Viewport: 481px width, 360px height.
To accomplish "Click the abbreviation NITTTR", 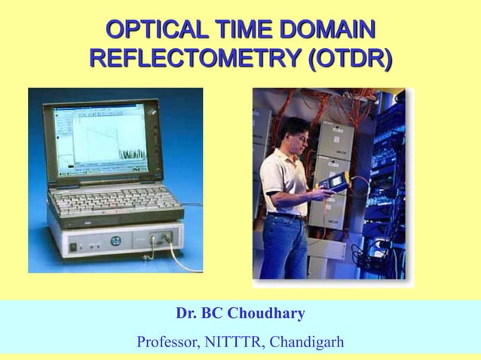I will [x=234, y=341].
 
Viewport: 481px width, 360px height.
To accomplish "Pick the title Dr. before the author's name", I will [x=188, y=313].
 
